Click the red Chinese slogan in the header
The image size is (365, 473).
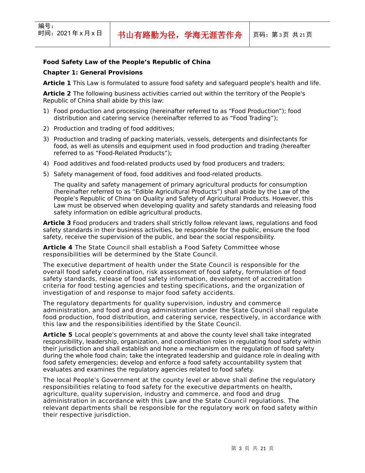coord(180,35)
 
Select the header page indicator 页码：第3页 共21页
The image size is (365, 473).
coord(282,35)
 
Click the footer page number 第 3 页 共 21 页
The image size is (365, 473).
coord(252,448)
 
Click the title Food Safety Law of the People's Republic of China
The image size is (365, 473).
coord(127,62)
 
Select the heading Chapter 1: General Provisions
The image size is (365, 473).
coord(93,72)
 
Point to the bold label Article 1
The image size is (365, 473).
coord(57,83)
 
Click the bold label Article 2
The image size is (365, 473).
coord(57,93)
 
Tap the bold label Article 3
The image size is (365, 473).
coord(57,223)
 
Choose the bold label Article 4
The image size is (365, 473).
coord(58,247)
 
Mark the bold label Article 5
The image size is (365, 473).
coord(58,335)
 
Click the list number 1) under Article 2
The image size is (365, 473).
coord(46,111)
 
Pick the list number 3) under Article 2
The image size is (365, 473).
coord(46,139)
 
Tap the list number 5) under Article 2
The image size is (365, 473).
coord(46,174)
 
